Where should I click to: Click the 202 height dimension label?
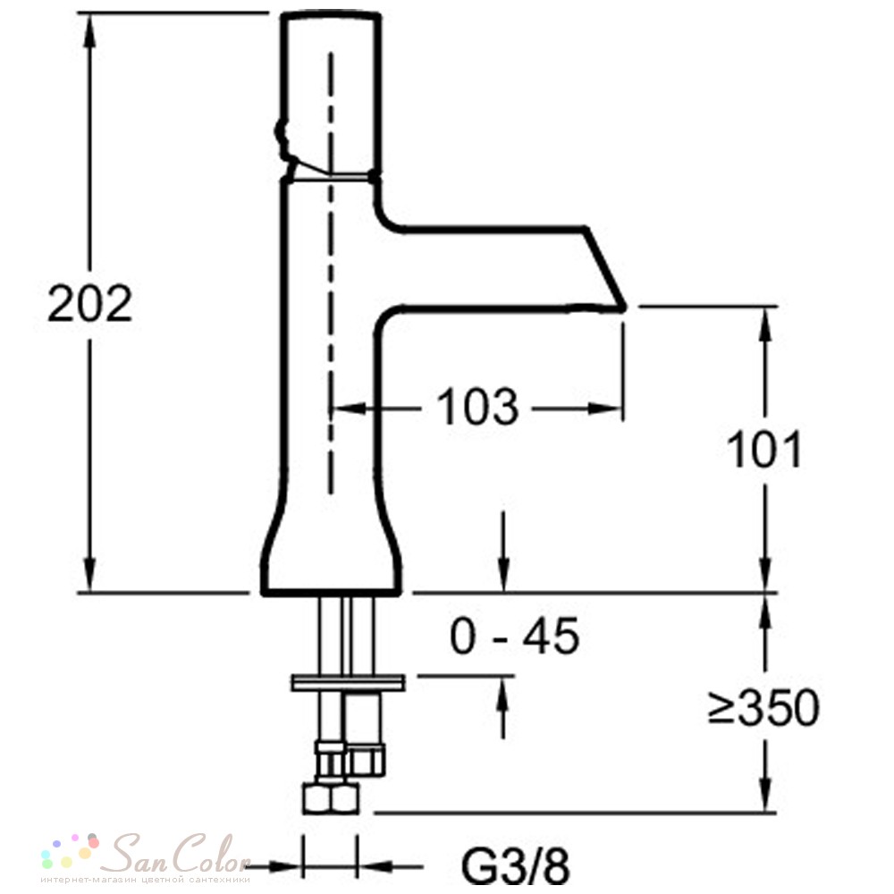89,303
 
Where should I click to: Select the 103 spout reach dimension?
477,407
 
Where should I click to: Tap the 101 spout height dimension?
764,450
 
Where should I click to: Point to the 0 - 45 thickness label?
514,636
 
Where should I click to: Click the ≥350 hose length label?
763,707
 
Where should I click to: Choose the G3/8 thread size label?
515,866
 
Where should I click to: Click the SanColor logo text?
181,854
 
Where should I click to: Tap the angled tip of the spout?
623,307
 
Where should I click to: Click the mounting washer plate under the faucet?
349,682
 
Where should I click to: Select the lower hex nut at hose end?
331,798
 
